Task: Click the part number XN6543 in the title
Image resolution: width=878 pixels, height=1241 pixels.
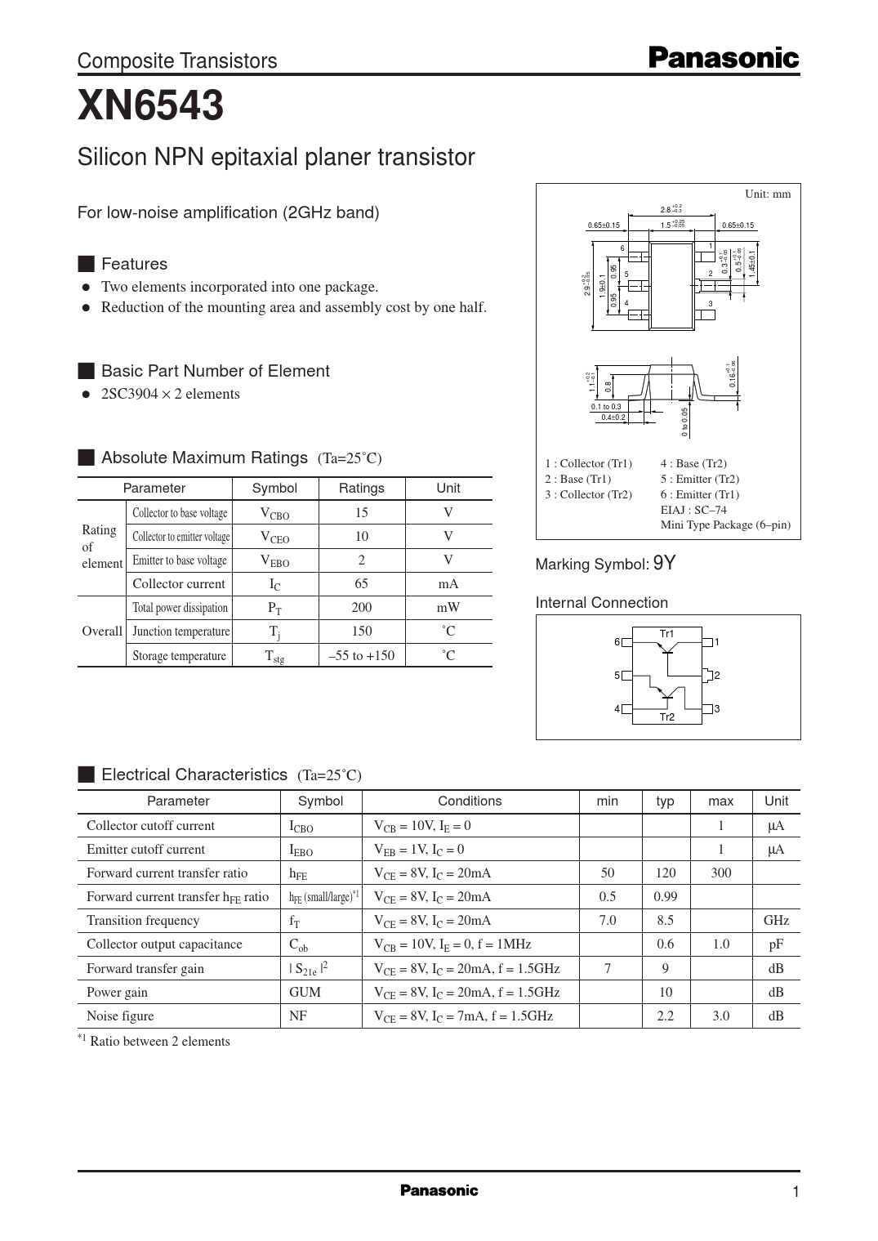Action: [x=150, y=106]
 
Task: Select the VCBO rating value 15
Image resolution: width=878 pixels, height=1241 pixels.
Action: [x=361, y=512]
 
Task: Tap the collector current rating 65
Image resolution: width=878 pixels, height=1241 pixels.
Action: [x=361, y=583]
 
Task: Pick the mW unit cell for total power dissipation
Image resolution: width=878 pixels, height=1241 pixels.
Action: [x=448, y=607]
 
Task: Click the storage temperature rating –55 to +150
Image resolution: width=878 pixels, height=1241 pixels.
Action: [x=361, y=655]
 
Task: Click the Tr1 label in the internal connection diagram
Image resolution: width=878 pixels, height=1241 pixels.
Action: [x=666, y=633]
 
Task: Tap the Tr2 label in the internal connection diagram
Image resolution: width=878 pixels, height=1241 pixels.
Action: [x=666, y=717]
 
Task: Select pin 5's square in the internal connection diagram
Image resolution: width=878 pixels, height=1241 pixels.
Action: [x=627, y=676]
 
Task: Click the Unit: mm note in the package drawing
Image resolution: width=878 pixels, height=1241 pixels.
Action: [x=768, y=194]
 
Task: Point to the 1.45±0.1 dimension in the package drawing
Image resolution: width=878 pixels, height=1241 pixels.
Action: [x=752, y=263]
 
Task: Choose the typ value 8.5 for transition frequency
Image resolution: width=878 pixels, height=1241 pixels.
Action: [x=665, y=920]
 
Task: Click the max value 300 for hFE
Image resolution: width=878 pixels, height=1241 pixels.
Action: [x=720, y=873]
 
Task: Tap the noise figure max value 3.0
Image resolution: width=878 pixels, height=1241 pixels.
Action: [x=720, y=1016]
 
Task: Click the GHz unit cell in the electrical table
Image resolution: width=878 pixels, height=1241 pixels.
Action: [x=776, y=920]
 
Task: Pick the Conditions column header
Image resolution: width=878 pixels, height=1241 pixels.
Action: [x=470, y=801]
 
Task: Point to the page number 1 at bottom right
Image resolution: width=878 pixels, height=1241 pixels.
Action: [x=796, y=1192]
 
